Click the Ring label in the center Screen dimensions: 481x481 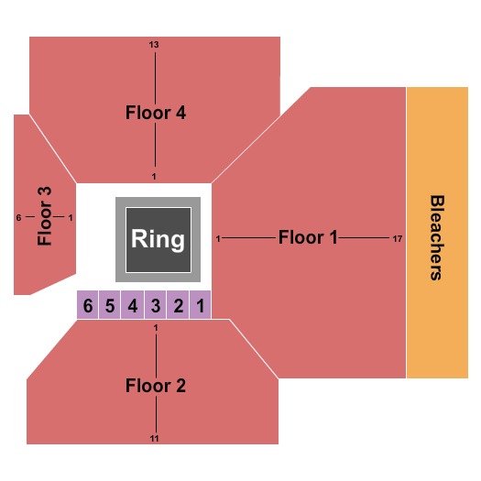click(x=158, y=240)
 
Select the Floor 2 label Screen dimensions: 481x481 click(x=156, y=386)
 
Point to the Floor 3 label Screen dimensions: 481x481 click(x=45, y=217)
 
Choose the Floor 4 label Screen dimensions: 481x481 click(x=156, y=114)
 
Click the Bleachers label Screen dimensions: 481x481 click(x=437, y=236)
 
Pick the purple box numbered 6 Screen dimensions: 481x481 click(x=88, y=306)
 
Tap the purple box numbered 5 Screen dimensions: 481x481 click(x=110, y=306)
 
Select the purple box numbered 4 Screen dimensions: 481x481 click(x=133, y=306)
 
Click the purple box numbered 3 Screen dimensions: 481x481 click(x=156, y=306)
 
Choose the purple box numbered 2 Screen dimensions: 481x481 click(x=178, y=306)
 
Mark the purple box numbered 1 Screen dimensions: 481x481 click(x=200, y=306)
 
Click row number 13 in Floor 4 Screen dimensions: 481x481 click(x=155, y=45)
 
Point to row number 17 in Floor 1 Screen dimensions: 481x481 click(x=396, y=239)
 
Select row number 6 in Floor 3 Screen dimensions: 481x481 click(x=18, y=217)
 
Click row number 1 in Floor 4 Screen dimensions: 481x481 click(x=155, y=176)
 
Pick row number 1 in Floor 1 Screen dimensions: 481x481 click(x=218, y=239)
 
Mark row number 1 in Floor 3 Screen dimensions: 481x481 click(x=71, y=217)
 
